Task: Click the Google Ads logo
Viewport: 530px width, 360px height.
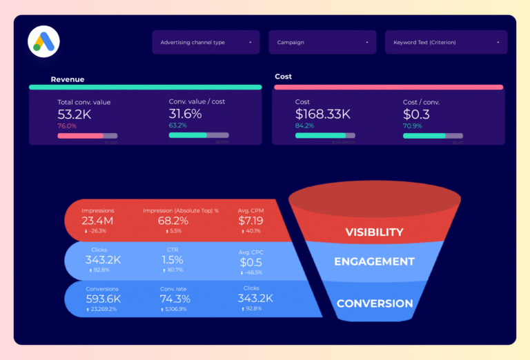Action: [43, 41]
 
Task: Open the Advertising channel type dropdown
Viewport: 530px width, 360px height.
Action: [206, 42]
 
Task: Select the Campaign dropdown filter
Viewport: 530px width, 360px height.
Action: [322, 42]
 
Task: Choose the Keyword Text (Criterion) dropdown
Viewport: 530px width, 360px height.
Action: [446, 42]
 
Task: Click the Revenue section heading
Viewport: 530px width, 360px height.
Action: [67, 79]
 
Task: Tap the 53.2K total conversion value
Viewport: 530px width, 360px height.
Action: [74, 114]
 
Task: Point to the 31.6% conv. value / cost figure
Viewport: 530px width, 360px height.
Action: [185, 113]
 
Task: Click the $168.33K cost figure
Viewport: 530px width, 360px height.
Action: [322, 114]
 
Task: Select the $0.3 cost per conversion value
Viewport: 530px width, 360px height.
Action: [416, 114]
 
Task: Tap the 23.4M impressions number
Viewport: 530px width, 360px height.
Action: [98, 221]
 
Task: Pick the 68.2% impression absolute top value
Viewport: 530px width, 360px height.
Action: [173, 221]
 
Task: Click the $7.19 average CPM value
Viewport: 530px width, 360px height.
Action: [251, 221]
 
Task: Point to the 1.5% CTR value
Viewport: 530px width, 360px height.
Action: [173, 260]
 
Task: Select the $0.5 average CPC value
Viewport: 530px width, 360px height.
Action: [251, 263]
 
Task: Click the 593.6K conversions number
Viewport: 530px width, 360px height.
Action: [103, 299]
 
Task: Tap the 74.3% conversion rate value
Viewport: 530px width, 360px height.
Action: [175, 299]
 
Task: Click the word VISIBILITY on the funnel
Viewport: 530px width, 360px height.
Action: [374, 232]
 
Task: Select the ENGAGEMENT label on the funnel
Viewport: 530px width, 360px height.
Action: [374, 262]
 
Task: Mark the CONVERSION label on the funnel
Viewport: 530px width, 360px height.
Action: [374, 303]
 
